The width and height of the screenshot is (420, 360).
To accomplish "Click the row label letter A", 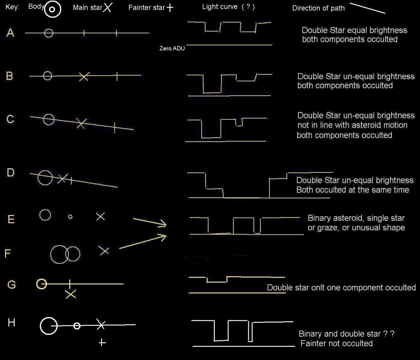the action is pos(10,33).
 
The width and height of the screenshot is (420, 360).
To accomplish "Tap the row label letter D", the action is pos(10,172).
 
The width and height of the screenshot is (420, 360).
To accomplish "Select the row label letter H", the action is pos(11,322).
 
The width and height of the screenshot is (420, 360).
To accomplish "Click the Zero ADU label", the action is pos(172,48).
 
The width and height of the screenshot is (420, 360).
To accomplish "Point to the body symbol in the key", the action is pos(52,9).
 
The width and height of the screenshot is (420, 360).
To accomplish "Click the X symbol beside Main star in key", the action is pos(108,8).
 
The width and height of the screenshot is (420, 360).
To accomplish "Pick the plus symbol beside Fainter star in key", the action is pos(170,8).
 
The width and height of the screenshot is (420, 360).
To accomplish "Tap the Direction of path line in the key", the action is pos(368,8).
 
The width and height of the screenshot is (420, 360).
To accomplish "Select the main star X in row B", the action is pos(84,77).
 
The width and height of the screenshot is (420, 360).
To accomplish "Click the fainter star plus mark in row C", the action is pos(114,128).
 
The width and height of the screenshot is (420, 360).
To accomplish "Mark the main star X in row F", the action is pos(104,251).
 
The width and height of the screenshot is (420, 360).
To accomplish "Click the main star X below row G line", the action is pos(71,294).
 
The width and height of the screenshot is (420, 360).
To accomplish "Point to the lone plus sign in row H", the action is pos(102,342).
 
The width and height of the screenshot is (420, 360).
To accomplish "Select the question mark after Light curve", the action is pos(248,7).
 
